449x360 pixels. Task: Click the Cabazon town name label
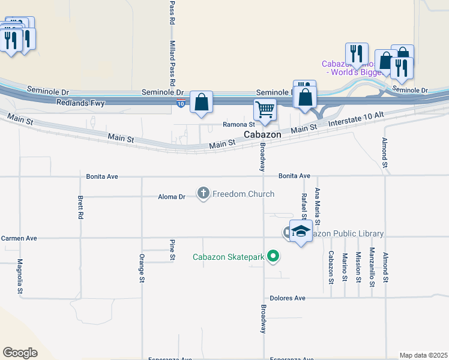pyautogui.click(x=262, y=135)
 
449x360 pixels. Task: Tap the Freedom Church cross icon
pyautogui.click(x=203, y=193)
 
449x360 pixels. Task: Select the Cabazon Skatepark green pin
pyautogui.click(x=274, y=257)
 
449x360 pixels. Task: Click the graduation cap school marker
pyautogui.click(x=301, y=231)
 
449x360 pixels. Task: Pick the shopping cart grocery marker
pyautogui.click(x=265, y=110)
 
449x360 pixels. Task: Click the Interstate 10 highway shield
pyautogui.click(x=181, y=104)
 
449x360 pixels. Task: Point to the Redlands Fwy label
pyautogui.click(x=80, y=103)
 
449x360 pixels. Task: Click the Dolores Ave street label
pyautogui.click(x=288, y=298)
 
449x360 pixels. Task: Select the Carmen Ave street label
pyautogui.click(x=19, y=238)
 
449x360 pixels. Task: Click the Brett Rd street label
pyautogui.click(x=80, y=208)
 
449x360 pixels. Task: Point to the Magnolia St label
pyautogui.click(x=20, y=276)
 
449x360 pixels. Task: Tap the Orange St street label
pyautogui.click(x=142, y=268)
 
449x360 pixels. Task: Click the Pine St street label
pyautogui.click(x=172, y=250)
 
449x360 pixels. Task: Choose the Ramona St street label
pyautogui.click(x=240, y=125)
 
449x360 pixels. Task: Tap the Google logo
pyautogui.click(x=20, y=353)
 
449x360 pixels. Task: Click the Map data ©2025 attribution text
pyautogui.click(x=423, y=355)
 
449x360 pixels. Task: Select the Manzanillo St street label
pyautogui.click(x=372, y=265)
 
